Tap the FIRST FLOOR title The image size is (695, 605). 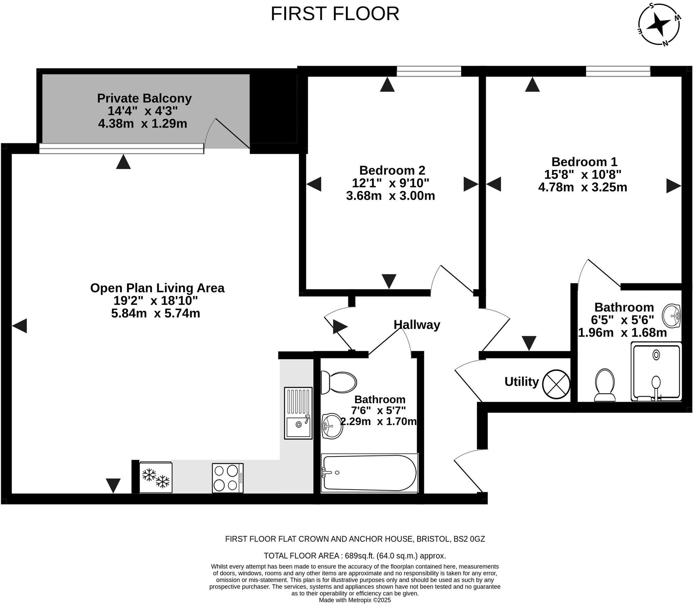click(335, 14)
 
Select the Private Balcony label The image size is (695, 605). click(144, 98)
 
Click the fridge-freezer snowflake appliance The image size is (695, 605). click(156, 477)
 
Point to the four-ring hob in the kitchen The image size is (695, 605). click(227, 478)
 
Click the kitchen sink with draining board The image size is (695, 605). click(298, 413)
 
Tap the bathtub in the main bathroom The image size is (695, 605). click(369, 473)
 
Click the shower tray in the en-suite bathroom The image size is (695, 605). click(656, 372)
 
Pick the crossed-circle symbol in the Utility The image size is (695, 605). click(556, 384)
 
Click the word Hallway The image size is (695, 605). click(416, 325)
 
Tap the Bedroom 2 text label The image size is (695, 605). click(392, 170)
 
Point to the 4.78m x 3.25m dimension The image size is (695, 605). click(582, 187)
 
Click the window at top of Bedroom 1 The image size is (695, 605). click(618, 71)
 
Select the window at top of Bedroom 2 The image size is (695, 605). click(428, 71)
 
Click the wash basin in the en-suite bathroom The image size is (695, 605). click(671, 315)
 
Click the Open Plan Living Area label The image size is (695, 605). click(157, 288)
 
